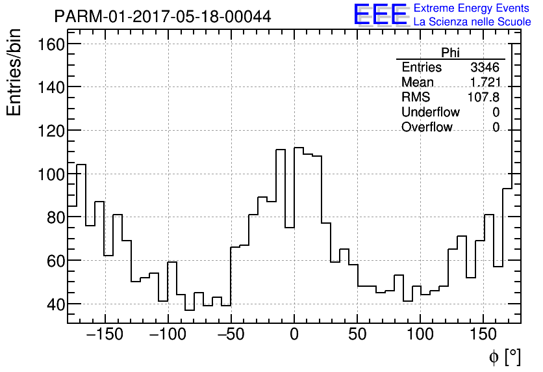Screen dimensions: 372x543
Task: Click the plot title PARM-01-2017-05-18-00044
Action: [162, 16]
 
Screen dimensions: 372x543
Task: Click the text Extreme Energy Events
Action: [472, 8]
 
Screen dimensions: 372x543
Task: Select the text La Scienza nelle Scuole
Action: [472, 21]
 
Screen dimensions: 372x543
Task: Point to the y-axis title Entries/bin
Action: [14, 72]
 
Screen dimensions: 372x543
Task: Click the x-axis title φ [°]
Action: [504, 356]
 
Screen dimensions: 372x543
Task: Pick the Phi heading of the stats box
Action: [450, 53]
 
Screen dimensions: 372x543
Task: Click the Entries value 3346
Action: [485, 68]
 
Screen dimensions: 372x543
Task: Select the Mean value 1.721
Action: [485, 83]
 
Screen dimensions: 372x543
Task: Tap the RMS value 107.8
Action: [483, 98]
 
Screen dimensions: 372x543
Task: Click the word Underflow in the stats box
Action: [430, 113]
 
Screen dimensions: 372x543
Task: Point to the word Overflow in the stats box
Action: [427, 127]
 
